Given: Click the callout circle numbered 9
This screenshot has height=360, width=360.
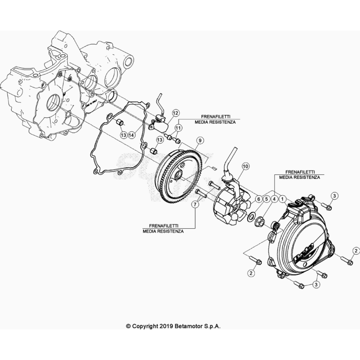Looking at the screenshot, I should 199,141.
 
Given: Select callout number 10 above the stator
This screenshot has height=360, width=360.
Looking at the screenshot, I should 245,166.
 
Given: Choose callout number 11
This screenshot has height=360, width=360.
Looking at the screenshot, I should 178,127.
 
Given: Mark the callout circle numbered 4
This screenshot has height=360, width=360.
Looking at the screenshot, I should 274,199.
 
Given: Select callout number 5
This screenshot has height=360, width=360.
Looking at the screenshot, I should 266,199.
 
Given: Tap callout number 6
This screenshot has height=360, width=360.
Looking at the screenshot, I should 258,199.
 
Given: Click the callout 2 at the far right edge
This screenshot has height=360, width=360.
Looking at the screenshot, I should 356,250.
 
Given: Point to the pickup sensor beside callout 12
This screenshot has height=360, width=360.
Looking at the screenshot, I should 159,125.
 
